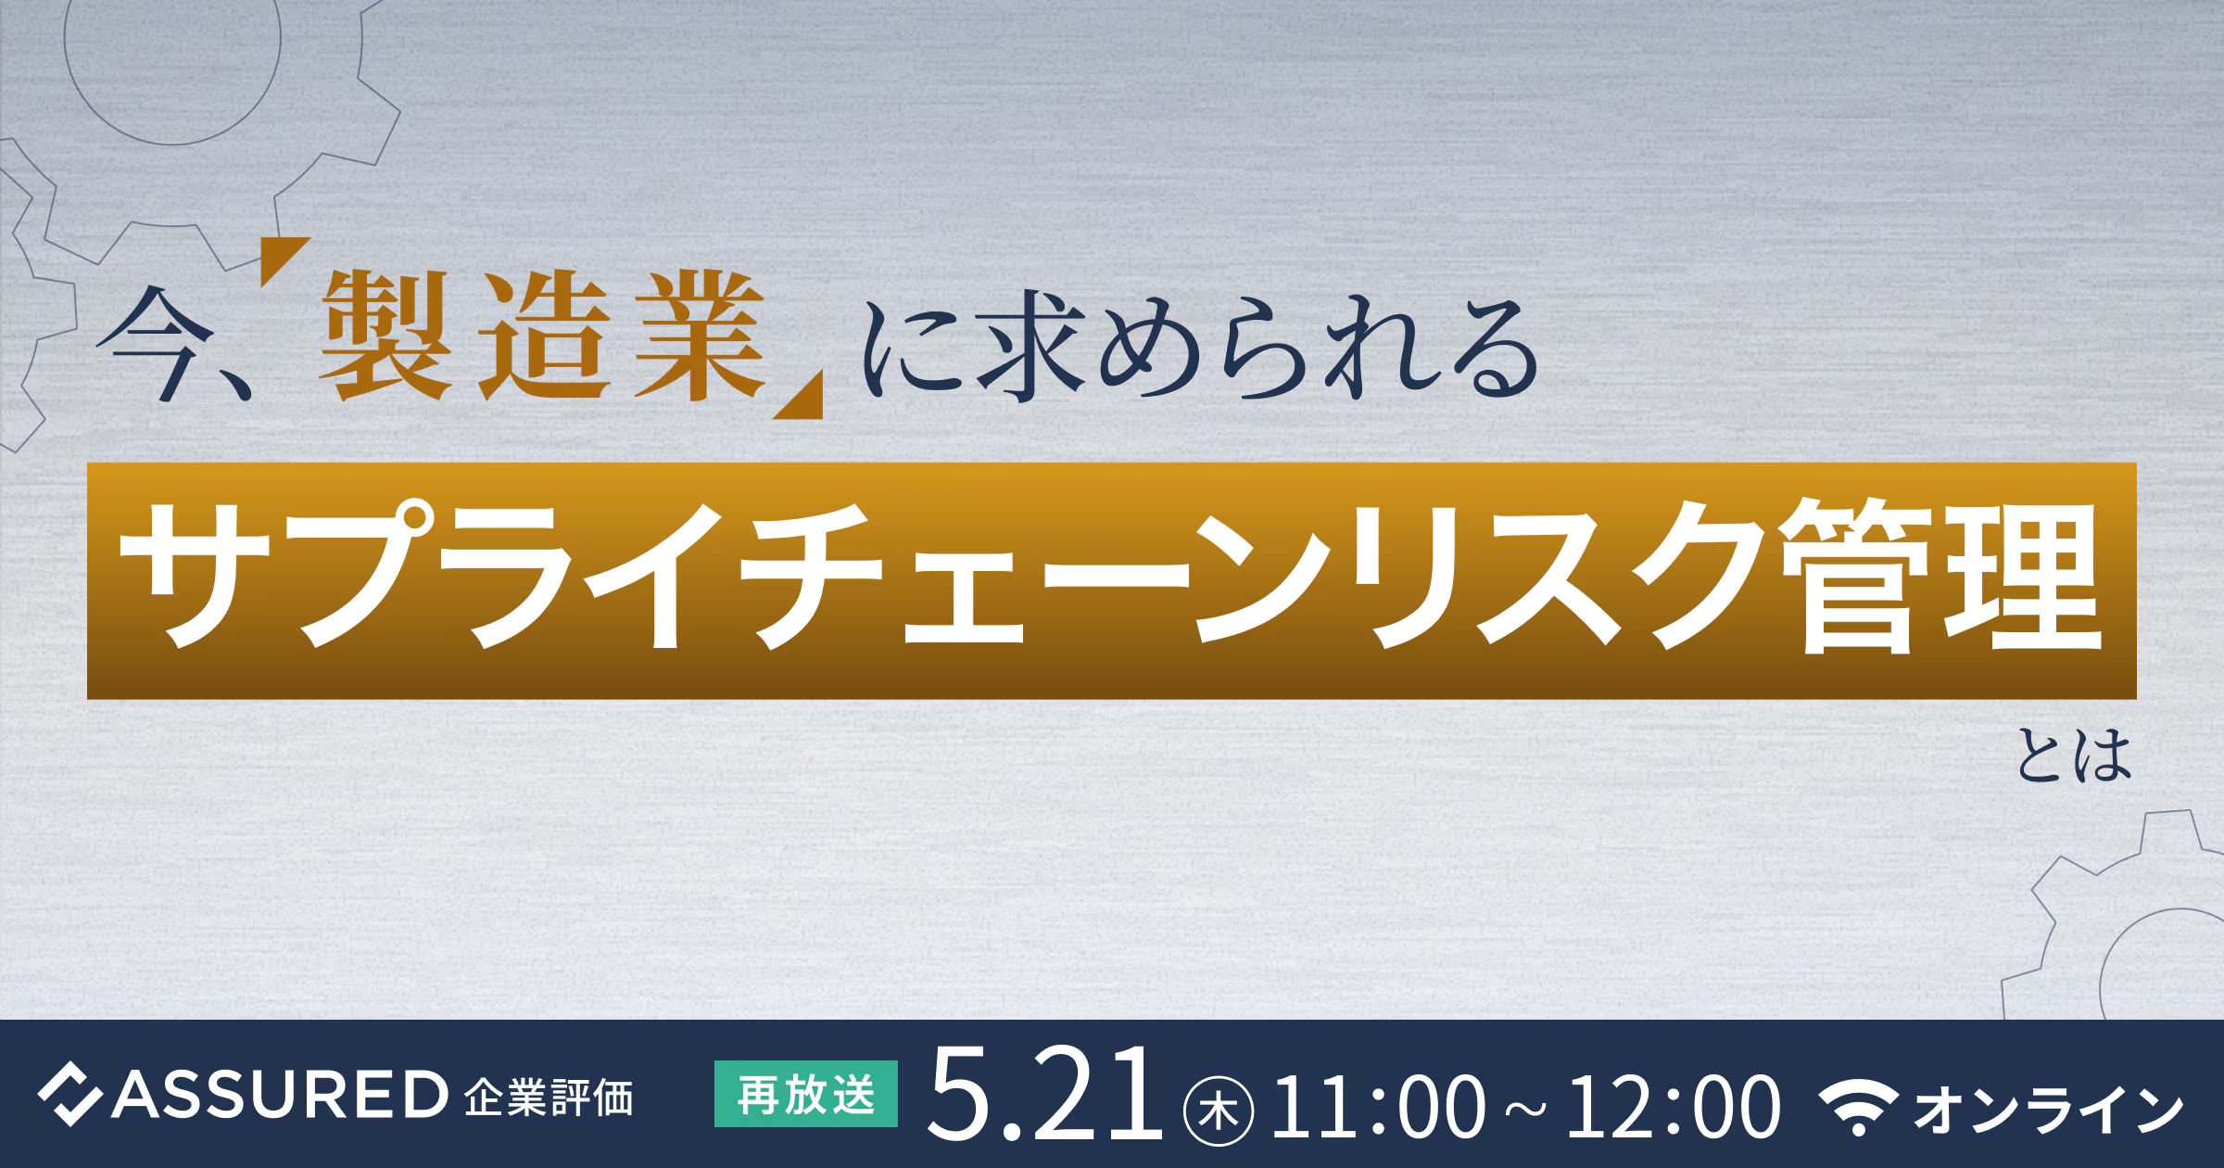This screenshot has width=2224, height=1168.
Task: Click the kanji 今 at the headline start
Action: [x=156, y=343]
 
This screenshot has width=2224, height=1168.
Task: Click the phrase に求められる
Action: [x=1201, y=347]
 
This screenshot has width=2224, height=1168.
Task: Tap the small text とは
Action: [x=2074, y=755]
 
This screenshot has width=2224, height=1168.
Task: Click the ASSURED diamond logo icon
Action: [x=69, y=1095]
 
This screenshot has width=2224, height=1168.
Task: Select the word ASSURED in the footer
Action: [x=280, y=1095]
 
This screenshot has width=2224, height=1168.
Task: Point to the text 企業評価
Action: [x=549, y=1098]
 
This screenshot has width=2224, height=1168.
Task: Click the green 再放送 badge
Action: [x=806, y=1094]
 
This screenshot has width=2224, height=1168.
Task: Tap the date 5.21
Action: [x=1045, y=1094]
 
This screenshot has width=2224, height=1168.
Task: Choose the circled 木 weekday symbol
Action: [x=1219, y=1111]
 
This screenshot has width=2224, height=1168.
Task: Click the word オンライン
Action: [x=2049, y=1109]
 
